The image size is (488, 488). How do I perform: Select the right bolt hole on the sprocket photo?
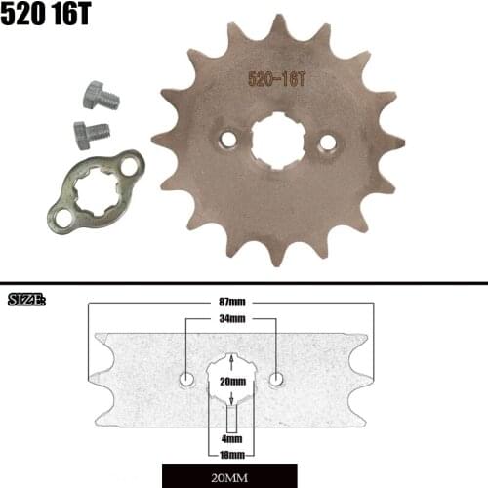tap(327, 143)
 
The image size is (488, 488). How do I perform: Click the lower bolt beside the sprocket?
tap(91, 132)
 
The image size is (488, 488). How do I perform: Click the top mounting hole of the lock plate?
tap(131, 163)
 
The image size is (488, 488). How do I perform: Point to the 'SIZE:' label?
tap(26, 299)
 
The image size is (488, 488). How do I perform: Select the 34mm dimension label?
tap(232, 319)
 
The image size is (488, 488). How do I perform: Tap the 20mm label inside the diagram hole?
tap(232, 382)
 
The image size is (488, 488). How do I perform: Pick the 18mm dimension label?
tap(232, 454)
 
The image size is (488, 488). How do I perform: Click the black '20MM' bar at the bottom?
tap(231, 476)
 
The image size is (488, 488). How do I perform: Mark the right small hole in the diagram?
tap(277, 378)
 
